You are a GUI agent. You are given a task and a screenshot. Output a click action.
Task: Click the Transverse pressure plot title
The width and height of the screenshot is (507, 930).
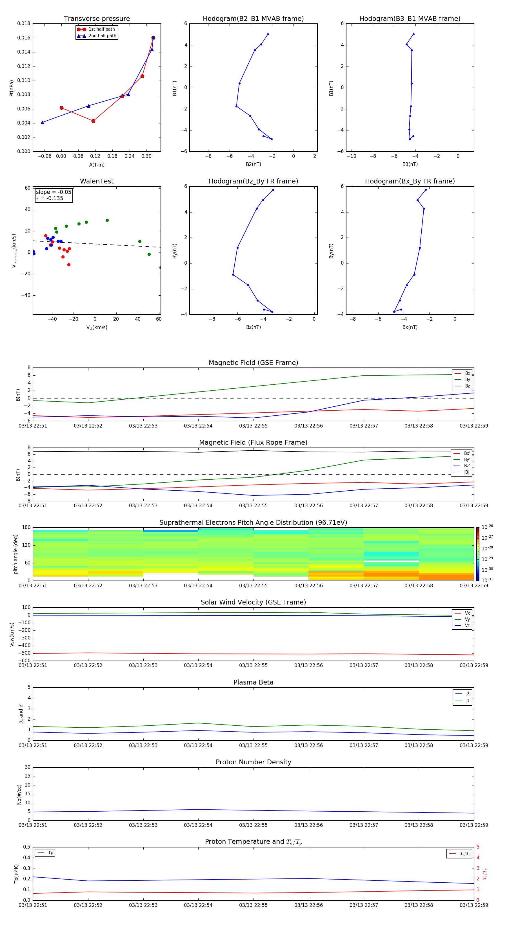pyautogui.click(x=97, y=19)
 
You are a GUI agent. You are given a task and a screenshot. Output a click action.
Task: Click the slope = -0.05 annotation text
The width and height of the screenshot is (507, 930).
pyautogui.click(x=54, y=192)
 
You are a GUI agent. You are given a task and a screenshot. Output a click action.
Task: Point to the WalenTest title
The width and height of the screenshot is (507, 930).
pyautogui.click(x=97, y=181)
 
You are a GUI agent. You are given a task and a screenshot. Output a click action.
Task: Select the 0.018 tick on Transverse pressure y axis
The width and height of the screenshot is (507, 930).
pyautogui.click(x=24, y=23)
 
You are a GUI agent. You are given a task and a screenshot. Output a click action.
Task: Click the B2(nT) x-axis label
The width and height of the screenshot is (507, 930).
pyautogui.click(x=253, y=164)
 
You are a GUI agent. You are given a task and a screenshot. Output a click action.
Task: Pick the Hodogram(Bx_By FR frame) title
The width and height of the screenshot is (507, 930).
pyautogui.click(x=410, y=181)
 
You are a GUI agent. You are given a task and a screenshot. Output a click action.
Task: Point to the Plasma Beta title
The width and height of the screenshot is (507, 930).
pyautogui.click(x=253, y=682)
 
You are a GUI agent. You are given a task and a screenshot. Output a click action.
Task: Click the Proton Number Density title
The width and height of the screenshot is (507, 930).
pyautogui.click(x=253, y=762)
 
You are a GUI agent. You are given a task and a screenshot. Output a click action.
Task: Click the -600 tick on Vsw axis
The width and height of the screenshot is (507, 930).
pyautogui.click(x=24, y=661)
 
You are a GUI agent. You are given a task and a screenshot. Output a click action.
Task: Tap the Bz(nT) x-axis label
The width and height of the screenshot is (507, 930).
pyautogui.click(x=253, y=327)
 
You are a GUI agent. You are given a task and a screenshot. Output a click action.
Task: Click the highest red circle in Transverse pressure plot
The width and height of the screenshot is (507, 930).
pyautogui.click(x=153, y=37)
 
